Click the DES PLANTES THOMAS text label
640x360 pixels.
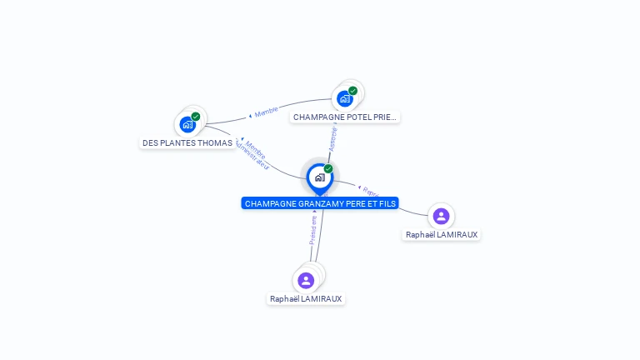187,142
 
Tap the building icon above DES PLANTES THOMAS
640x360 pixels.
187,125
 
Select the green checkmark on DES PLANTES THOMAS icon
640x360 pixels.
196,117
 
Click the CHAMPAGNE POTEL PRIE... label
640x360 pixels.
345,117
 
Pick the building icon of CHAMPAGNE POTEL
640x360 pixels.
344,99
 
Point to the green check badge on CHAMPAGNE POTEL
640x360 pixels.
352,91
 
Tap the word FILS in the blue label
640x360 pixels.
387,203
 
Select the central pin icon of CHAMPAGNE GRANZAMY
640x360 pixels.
319,177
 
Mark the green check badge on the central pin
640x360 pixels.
328,169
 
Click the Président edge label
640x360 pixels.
313,229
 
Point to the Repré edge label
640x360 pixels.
369,192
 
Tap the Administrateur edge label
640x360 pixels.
252,155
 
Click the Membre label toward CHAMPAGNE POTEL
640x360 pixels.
266,112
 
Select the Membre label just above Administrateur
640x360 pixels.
255,147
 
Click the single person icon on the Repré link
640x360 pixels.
441,217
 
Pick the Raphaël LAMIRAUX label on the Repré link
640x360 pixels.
441,235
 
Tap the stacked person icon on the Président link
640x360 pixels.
306,280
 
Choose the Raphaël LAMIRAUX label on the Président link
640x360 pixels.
306,298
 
